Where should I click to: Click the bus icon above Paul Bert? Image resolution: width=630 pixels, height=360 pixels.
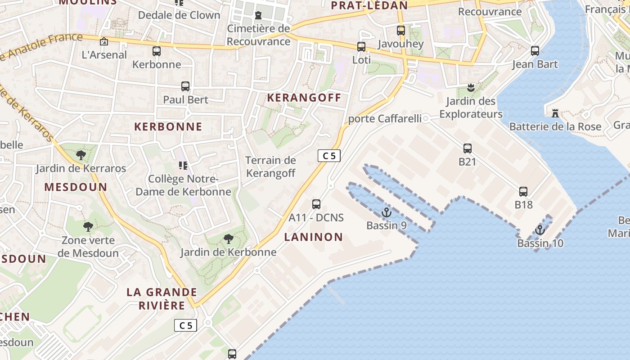pos(185,86)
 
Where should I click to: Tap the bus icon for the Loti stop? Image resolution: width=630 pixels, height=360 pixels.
pos(361,46)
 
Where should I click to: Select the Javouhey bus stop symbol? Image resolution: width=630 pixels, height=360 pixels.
pos(401,31)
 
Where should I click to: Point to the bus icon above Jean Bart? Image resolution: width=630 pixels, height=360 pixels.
pos(535,51)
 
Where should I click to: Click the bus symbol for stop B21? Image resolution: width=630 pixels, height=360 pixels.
pos(468,148)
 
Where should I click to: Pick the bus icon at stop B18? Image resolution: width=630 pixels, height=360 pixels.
pos(523,192)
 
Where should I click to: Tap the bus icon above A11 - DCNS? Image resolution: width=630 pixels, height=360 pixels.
pos(316,204)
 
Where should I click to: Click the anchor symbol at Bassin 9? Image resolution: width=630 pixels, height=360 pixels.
pos(386,212)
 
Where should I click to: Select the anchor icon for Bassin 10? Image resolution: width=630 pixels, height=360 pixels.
pos(540,230)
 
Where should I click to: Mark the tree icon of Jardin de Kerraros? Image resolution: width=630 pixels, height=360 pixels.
pos(81,155)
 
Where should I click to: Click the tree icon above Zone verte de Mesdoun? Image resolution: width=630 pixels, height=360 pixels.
pos(88,227)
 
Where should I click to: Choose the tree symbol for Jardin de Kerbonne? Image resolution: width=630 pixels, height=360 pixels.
pos(229,239)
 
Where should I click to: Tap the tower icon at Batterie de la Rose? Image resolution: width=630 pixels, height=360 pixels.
pos(555,113)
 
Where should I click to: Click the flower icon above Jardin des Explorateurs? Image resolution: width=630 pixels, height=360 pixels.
pos(471,87)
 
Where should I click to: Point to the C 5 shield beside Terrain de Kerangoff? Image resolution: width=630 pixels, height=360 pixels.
pos(329,156)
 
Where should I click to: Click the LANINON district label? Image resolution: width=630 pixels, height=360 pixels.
pos(314,237)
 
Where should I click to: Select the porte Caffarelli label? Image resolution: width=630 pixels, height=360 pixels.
pos(385,119)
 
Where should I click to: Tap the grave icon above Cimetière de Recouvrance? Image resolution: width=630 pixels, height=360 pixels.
pos(258,16)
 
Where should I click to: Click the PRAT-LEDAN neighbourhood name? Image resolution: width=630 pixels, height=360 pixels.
pos(369,5)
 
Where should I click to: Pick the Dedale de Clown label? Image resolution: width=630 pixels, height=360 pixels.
pos(179,15)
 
